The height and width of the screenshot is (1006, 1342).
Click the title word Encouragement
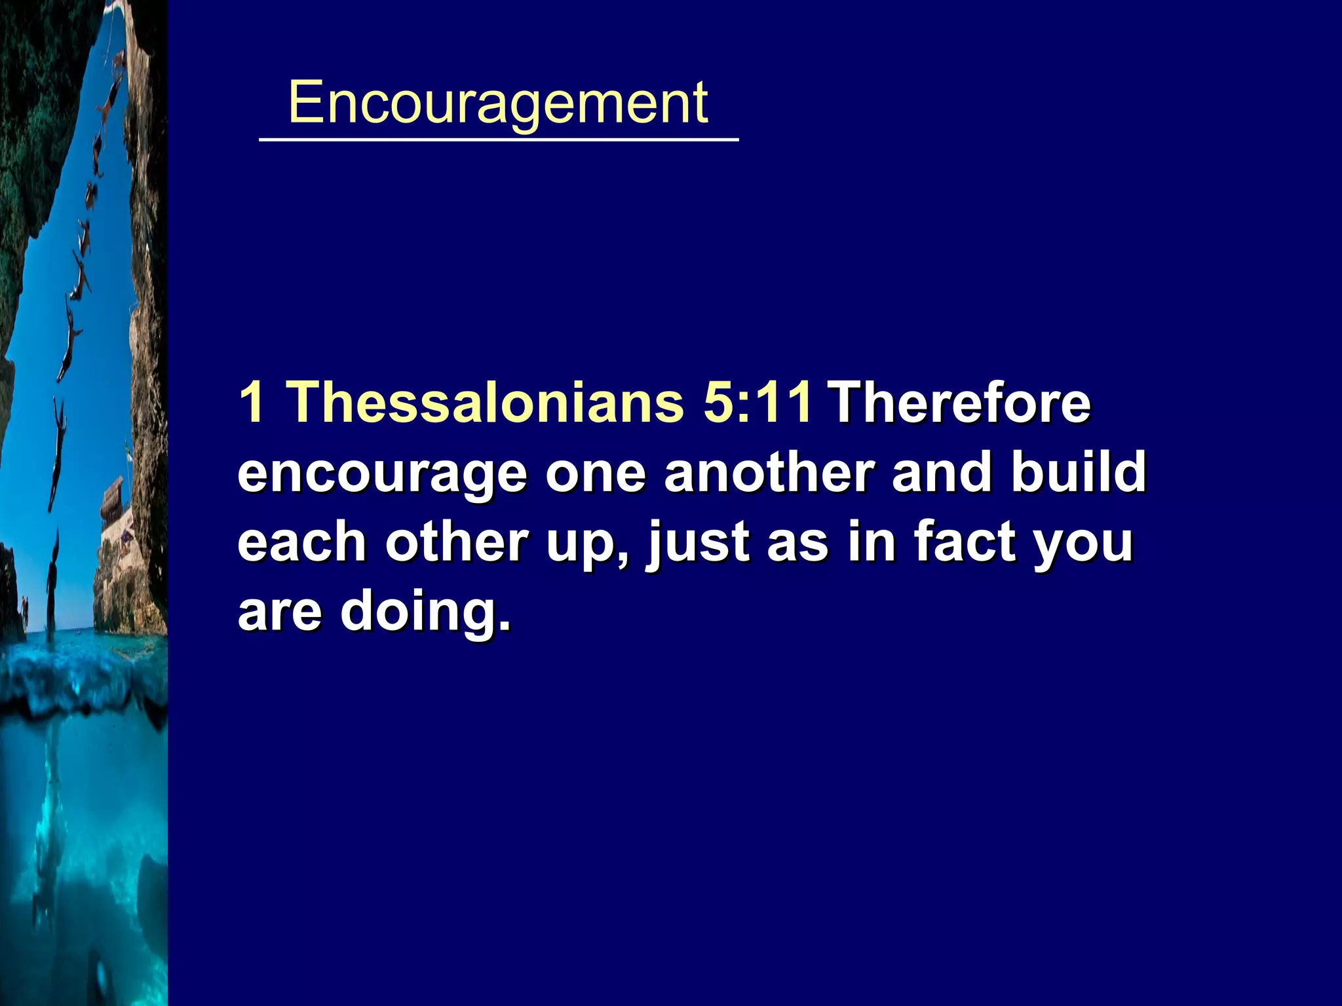point(498,103)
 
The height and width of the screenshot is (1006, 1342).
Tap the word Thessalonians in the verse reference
point(486,401)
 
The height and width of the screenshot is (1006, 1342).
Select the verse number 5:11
point(757,401)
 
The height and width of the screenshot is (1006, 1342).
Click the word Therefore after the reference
point(959,401)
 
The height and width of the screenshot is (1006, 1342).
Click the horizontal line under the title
point(499,140)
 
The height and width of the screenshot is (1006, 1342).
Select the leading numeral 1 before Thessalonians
point(252,401)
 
